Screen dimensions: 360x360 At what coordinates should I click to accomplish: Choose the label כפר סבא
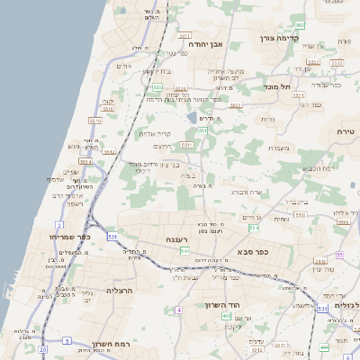point(255,252)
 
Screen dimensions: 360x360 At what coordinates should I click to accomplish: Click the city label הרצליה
point(120,291)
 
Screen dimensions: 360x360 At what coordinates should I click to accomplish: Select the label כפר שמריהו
point(42,236)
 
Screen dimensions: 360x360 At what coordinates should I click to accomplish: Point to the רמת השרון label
point(93,344)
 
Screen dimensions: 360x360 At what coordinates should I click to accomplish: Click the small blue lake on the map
point(192,117)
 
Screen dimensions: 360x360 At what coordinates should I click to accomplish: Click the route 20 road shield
point(42,347)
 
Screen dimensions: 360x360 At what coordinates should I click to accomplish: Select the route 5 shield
point(67,340)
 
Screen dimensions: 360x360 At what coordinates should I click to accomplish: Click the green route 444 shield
point(324,346)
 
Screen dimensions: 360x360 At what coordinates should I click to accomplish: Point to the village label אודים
point(125,66)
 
